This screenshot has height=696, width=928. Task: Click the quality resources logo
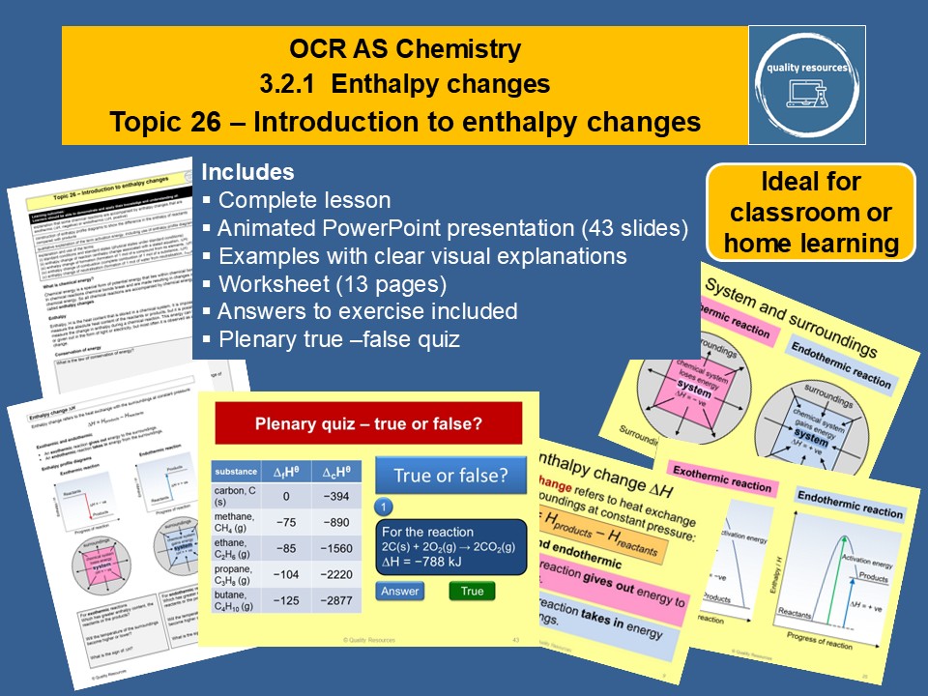pyautogui.click(x=806, y=85)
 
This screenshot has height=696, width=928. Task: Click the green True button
pyautogui.click(x=471, y=591)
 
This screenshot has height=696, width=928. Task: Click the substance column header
pyautogui.click(x=236, y=472)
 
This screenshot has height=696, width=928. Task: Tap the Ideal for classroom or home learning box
pyautogui.click(x=811, y=212)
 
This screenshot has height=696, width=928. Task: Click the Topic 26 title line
pyautogui.click(x=404, y=123)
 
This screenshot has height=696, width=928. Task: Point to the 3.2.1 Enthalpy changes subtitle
pyautogui.click(x=404, y=85)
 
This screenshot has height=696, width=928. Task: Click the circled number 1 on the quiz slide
pyautogui.click(x=384, y=507)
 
